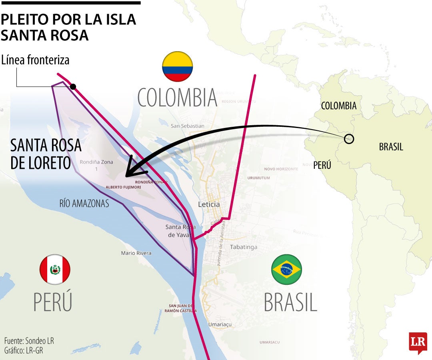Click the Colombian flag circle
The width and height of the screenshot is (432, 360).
(177, 66)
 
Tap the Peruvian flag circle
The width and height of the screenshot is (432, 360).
(55, 269)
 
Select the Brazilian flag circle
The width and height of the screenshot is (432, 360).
(286, 269)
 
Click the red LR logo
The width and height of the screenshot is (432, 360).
(418, 342)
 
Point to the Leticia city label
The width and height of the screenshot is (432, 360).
(209, 204)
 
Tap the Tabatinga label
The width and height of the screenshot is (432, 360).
(243, 247)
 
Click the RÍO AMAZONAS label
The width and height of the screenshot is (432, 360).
(84, 204)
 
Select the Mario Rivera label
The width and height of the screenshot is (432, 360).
(136, 253)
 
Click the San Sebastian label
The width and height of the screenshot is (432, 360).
(187, 126)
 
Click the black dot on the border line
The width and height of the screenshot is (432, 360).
(73, 87)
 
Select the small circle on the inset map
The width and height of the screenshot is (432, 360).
(349, 139)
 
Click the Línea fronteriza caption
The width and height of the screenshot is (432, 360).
(35, 60)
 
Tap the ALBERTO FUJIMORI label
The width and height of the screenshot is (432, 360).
(123, 187)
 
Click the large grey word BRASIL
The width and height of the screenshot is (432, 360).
(290, 302)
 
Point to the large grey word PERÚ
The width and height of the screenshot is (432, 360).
(52, 302)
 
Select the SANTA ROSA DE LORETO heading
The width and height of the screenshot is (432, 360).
(46, 154)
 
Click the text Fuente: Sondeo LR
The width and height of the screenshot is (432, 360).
(29, 341)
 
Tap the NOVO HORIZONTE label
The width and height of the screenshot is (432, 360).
(281, 169)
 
